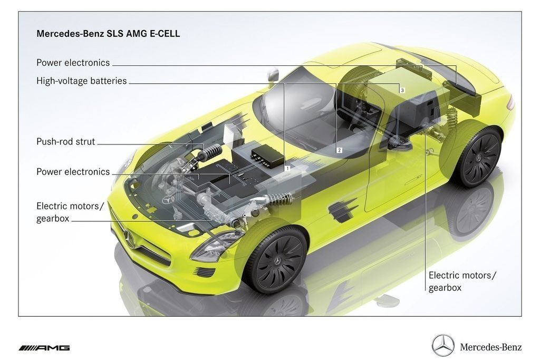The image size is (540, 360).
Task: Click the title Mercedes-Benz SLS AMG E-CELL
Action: (108, 33)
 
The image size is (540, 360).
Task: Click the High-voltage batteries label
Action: (82, 81)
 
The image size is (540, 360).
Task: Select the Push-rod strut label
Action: (66, 141)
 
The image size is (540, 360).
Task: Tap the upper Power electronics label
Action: (73, 63)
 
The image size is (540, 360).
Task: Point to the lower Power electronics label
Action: (73, 172)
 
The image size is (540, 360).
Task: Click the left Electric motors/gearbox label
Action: (70, 212)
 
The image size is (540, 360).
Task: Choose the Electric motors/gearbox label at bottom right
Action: (462, 281)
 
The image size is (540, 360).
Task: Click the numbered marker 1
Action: (287, 168)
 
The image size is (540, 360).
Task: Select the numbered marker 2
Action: (339, 150)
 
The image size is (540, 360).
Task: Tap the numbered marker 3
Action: (402, 90)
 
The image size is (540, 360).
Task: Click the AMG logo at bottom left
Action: (44, 348)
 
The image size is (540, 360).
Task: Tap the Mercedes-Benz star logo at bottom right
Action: (443, 345)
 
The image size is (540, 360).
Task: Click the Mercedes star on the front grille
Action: (130, 238)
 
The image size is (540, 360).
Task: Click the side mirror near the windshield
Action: (273, 75)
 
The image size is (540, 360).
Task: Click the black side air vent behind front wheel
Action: (343, 210)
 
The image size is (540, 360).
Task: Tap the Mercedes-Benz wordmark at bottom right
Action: (491, 347)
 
